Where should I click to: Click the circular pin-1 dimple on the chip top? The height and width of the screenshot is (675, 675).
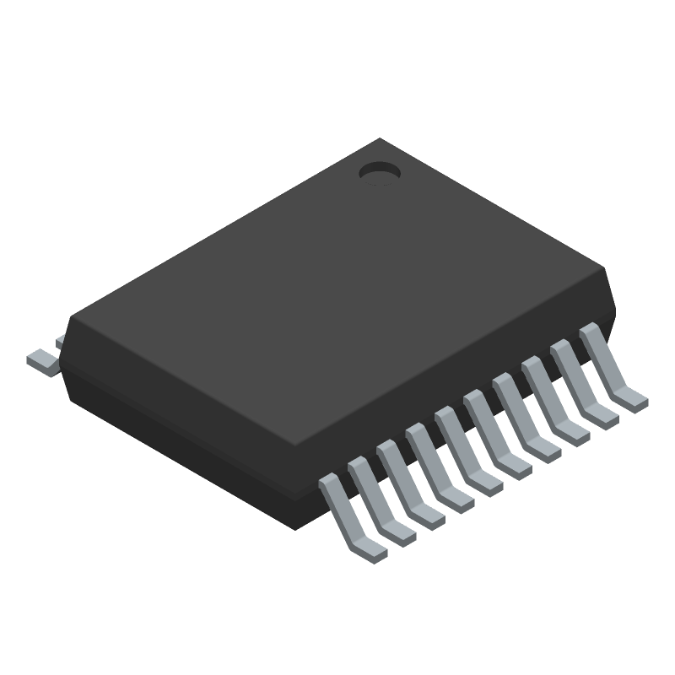[379, 173]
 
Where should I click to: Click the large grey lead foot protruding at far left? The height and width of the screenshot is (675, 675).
[42, 360]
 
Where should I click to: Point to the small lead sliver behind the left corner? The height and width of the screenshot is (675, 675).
[59, 340]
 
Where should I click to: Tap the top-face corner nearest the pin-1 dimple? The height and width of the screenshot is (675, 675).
[381, 140]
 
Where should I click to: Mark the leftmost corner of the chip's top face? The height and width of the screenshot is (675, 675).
[69, 319]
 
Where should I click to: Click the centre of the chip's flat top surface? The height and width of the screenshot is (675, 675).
[337, 291]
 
